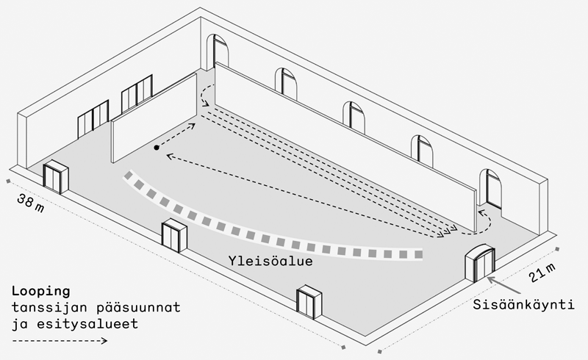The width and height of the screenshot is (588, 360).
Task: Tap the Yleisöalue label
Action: click(270, 261)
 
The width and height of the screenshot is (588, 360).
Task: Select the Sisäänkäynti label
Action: click(523, 304)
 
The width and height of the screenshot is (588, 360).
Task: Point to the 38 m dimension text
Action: click(30, 204)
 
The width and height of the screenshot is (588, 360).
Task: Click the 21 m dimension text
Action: click(542, 273)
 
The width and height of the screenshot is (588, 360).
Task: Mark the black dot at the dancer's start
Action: click(157, 148)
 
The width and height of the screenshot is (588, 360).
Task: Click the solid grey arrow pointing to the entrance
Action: click(503, 285)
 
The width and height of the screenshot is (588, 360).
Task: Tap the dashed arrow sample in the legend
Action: click(60, 340)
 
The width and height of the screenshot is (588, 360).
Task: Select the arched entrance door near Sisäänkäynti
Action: click(481, 263)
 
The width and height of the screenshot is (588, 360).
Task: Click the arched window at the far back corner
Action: click(218, 51)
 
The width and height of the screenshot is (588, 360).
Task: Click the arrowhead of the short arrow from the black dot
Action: click(193, 125)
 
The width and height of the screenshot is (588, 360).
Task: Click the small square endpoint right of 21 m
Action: click(558, 249)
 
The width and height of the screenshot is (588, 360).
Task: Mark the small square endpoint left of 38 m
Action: click(8, 181)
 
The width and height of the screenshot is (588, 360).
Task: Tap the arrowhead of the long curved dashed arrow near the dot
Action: click(169, 156)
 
